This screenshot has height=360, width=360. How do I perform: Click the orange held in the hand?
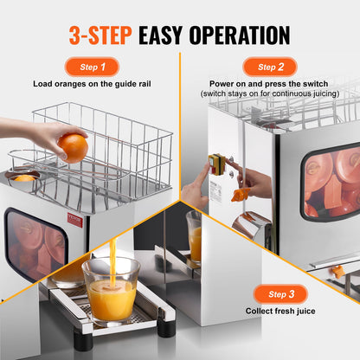click(74, 147)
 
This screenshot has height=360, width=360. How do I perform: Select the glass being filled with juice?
click(110, 291)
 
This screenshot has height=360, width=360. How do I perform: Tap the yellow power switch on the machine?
click(215, 164)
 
